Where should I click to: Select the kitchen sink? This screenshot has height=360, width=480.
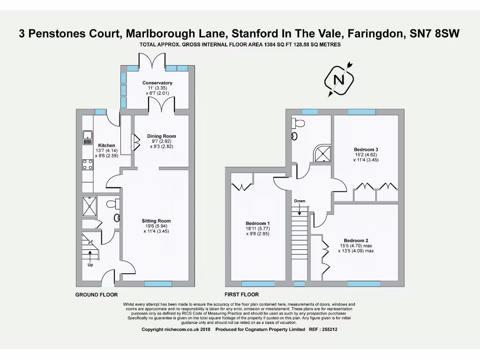coord(88,137)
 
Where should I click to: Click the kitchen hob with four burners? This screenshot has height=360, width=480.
coord(88,164)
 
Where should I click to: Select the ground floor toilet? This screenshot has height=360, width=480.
coord(113,204)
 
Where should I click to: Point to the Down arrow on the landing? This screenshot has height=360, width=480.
coord(300,207)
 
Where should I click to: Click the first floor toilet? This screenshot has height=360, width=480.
coord(298,123)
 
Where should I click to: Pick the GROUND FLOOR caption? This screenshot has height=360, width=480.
coord(97,295)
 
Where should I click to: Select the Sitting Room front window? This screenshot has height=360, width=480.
coord(158,284)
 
